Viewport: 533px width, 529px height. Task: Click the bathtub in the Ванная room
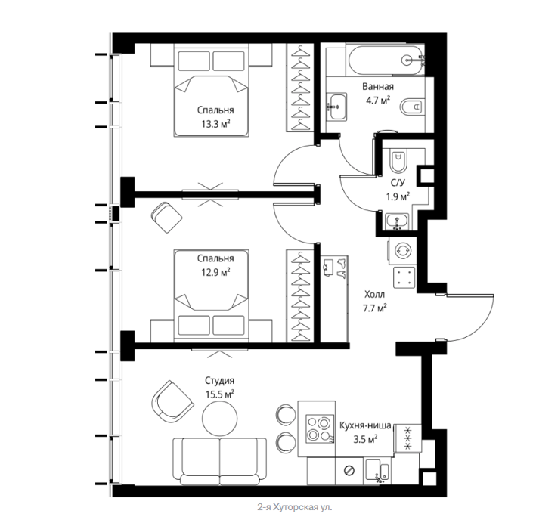[x=386, y=60]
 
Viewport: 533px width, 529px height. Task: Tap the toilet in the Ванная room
[x=412, y=107]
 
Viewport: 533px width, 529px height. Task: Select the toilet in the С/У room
[x=398, y=160]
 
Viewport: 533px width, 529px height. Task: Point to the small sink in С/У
[x=397, y=221]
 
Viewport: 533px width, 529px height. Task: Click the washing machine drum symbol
[x=403, y=250]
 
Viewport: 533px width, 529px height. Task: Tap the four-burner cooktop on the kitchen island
[x=319, y=428]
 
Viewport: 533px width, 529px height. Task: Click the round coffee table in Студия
[x=219, y=418]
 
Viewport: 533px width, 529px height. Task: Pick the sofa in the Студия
[x=219, y=461]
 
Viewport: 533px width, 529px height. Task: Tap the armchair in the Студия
[x=172, y=401]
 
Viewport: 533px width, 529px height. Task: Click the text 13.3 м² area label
[x=215, y=124]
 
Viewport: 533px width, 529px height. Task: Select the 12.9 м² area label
[x=215, y=272]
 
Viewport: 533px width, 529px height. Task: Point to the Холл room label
[x=374, y=294]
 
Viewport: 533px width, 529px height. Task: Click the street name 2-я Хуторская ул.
[x=295, y=507]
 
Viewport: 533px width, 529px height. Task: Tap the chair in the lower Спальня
[x=166, y=218]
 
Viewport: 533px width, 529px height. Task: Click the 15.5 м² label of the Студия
[x=219, y=394]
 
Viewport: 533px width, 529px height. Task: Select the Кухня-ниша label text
[x=365, y=425]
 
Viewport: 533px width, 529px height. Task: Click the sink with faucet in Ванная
[x=337, y=107]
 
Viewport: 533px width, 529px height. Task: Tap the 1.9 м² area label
[x=398, y=196]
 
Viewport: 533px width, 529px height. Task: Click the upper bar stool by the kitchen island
[x=287, y=414]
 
